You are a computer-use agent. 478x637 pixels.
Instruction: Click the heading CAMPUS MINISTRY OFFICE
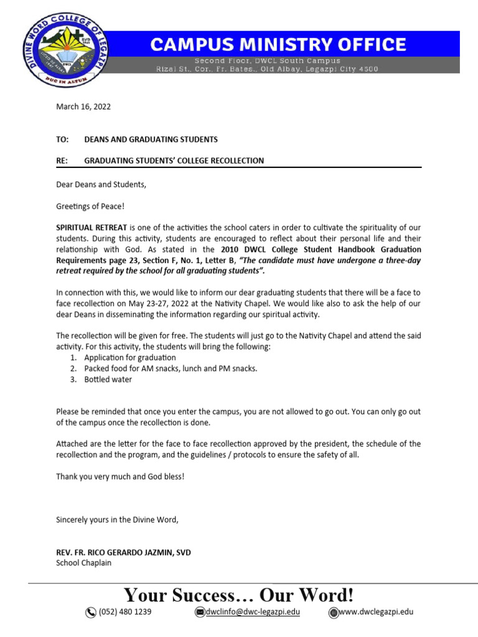pyautogui.click(x=278, y=44)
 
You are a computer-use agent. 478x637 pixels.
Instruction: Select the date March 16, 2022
pyautogui.click(x=83, y=106)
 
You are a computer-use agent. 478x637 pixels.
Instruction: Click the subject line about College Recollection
pyautogui.click(x=174, y=160)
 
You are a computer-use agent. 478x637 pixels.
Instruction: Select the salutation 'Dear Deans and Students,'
pyautogui.click(x=100, y=185)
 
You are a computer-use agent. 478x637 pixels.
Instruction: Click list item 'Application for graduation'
pyautogui.click(x=130, y=358)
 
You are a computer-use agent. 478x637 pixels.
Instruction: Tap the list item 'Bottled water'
pyautogui.click(x=108, y=379)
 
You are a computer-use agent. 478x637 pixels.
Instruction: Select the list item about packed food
pyautogui.click(x=171, y=368)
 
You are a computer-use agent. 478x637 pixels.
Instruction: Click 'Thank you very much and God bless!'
pyautogui.click(x=120, y=476)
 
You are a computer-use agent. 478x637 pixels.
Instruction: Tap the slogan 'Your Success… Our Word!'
pyautogui.click(x=239, y=595)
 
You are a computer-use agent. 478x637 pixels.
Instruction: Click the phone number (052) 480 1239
pyautogui.click(x=125, y=612)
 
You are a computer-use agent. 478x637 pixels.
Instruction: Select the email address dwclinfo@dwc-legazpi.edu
pyautogui.click(x=253, y=612)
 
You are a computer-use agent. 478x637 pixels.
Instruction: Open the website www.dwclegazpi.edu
pyautogui.click(x=376, y=612)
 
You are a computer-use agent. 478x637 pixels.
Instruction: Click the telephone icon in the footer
pyautogui.click(x=91, y=613)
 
